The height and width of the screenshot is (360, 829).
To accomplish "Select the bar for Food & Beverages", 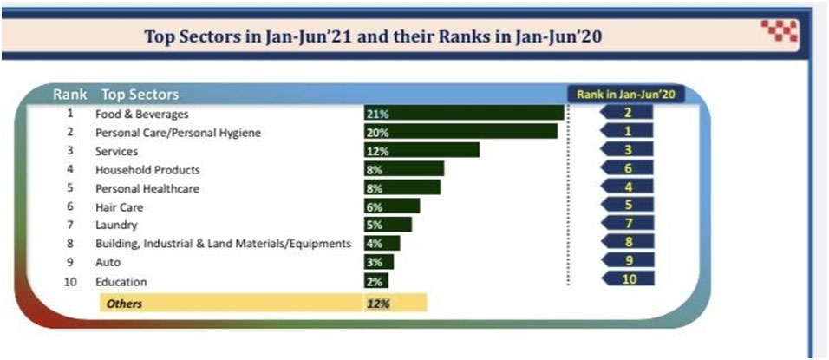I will pyautogui.click(x=464, y=114).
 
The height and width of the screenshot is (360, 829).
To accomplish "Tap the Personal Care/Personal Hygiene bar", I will pyautogui.click(x=460, y=132).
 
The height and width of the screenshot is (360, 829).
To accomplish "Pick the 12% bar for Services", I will pyautogui.click(x=421, y=150).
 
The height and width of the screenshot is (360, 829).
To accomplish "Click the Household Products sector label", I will pyautogui.click(x=147, y=170).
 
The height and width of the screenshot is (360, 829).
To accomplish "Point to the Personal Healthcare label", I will pyautogui.click(x=147, y=188).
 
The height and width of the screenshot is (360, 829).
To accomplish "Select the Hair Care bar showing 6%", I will pyautogui.click(x=392, y=206).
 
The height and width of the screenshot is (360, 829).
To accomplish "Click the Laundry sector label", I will pyautogui.click(x=116, y=226).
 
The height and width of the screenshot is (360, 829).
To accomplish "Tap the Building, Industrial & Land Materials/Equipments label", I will pyautogui.click(x=223, y=244).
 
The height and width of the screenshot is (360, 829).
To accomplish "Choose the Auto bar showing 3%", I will pyautogui.click(x=379, y=262).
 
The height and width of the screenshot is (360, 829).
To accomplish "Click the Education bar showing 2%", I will pyautogui.click(x=376, y=281).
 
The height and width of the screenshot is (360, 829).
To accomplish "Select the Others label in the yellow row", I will pyautogui.click(x=122, y=304).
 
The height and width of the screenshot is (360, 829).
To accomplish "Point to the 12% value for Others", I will pyautogui.click(x=377, y=304).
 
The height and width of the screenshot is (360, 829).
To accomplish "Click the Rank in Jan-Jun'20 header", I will pyautogui.click(x=626, y=93).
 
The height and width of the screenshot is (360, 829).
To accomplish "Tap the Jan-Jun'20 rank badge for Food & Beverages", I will pyautogui.click(x=627, y=113).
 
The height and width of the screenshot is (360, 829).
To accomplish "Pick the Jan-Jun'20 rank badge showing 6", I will pyautogui.click(x=627, y=168).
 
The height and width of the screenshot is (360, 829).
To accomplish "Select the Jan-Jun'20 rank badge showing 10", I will pyautogui.click(x=627, y=279).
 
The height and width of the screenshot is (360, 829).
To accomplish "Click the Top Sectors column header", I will pyautogui.click(x=140, y=94).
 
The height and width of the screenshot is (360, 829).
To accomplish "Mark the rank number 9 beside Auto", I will pyautogui.click(x=69, y=262).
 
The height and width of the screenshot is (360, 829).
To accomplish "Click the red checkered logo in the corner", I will pyautogui.click(x=779, y=31).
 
